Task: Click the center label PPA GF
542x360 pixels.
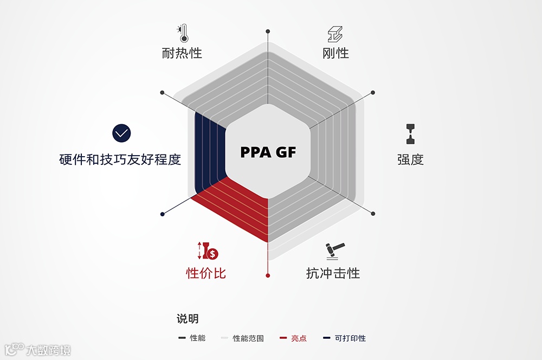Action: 268,152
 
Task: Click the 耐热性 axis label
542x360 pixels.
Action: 182,53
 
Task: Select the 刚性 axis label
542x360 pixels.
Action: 335,53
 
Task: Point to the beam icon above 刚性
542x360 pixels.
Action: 335,34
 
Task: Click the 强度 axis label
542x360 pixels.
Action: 410,159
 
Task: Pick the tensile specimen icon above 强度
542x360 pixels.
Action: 410,134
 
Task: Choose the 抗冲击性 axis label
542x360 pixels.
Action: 333,273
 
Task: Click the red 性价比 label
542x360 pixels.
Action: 206,273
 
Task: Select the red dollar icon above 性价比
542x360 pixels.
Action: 207,250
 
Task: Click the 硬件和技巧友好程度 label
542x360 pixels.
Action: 120,159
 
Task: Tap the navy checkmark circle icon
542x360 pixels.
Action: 122,133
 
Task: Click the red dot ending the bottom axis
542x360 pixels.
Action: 268,276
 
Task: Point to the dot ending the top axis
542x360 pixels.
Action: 268,31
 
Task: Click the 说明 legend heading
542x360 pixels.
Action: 188,319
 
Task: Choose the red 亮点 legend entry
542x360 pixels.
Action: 293,338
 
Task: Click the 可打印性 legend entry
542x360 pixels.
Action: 344,338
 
